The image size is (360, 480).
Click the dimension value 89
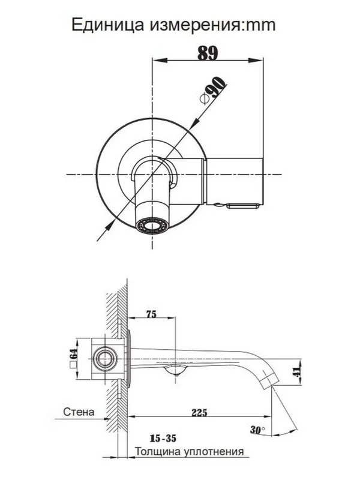coord(208,53)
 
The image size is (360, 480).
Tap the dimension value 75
coord(151,314)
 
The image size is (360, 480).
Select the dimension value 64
coord(73,354)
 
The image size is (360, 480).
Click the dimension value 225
coord(199,413)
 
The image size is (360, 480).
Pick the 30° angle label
coord(257,430)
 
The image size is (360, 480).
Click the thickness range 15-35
coord(163,439)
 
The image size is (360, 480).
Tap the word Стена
coord(79,412)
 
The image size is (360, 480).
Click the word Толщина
coord(158,452)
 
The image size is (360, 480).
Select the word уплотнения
coord(214,452)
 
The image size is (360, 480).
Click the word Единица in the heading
coord(108,25)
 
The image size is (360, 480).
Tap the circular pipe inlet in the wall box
coord(104,358)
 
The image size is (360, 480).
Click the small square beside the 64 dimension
coord(73,365)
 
